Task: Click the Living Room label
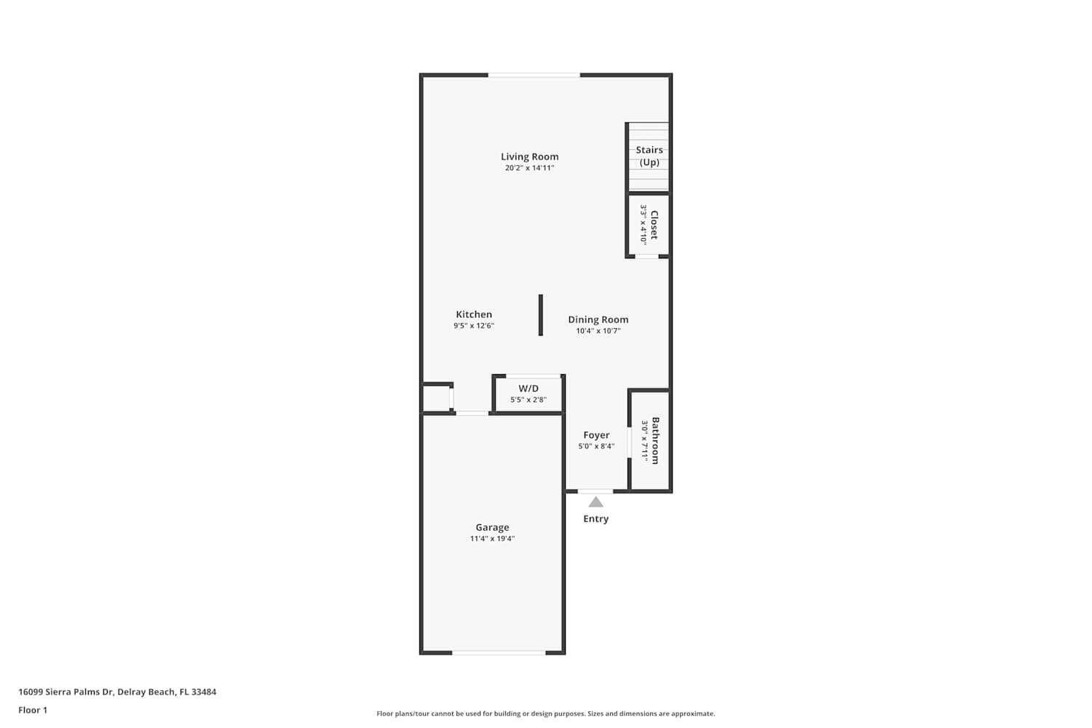(x=529, y=157)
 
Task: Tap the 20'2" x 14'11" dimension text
(x=529, y=168)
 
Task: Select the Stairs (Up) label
(x=649, y=156)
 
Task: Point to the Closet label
(x=654, y=225)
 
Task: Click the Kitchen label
(x=474, y=314)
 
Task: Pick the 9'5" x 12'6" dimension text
(x=474, y=326)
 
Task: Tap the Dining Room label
(x=598, y=320)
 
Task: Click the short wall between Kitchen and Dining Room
(x=540, y=315)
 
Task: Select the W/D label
(x=529, y=389)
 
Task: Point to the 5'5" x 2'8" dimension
(x=529, y=400)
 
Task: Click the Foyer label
(x=596, y=435)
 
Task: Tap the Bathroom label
(x=655, y=440)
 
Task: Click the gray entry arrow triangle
(x=596, y=502)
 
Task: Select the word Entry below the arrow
(x=596, y=519)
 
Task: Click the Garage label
(x=492, y=528)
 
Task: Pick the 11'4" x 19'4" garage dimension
(x=492, y=539)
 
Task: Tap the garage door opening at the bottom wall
(x=499, y=652)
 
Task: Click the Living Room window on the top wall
(x=534, y=75)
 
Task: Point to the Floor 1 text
(x=33, y=710)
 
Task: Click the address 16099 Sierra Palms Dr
(x=66, y=692)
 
